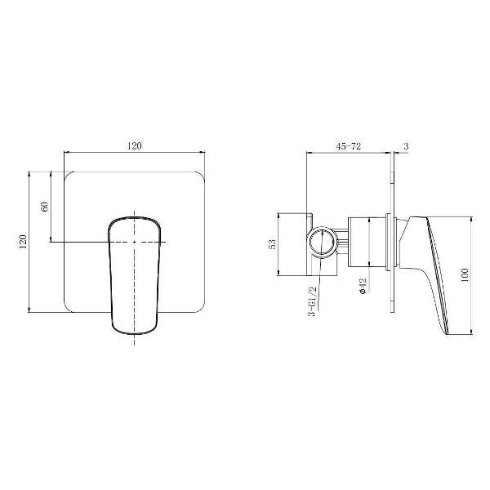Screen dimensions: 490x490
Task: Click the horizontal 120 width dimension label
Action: [x=135, y=146]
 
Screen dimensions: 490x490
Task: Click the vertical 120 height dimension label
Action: [x=23, y=242]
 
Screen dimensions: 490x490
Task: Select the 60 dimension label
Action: [x=45, y=207]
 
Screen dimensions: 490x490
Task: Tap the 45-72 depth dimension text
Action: [x=349, y=146]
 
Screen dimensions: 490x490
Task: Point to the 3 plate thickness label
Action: [x=406, y=146]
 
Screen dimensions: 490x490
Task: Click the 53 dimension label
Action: [x=273, y=244]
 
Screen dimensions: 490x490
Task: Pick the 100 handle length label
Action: [x=465, y=275]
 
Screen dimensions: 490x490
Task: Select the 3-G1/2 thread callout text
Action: [x=313, y=302]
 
